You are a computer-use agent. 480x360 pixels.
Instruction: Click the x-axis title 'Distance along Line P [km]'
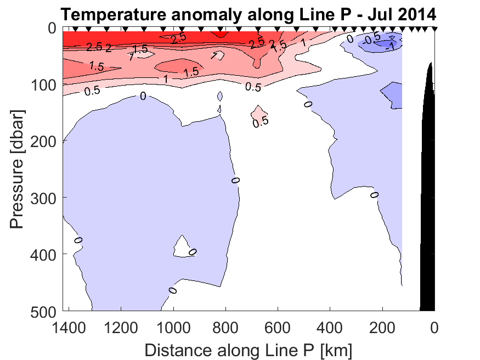(x=249, y=349)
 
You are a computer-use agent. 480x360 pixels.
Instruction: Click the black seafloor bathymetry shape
(x=428, y=220)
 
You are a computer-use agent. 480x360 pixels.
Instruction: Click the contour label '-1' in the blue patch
(x=391, y=47)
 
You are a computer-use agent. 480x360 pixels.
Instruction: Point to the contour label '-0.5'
(x=372, y=38)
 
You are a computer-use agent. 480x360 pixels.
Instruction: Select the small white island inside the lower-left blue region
(x=182, y=247)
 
